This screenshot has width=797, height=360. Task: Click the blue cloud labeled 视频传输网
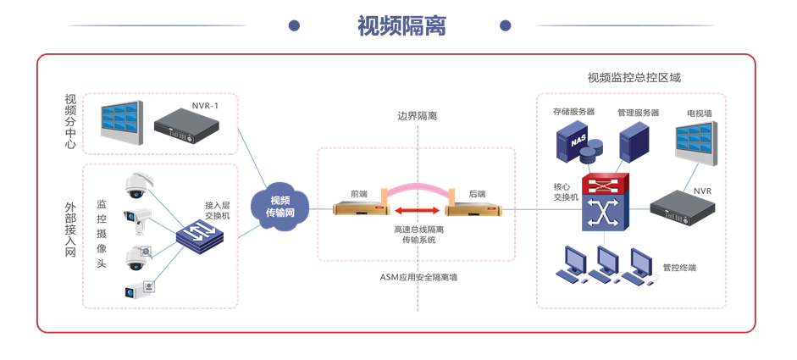click(x=280, y=206)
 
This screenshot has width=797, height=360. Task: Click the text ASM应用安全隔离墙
click(x=418, y=277)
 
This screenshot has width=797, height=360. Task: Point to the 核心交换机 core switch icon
click(x=605, y=203)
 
